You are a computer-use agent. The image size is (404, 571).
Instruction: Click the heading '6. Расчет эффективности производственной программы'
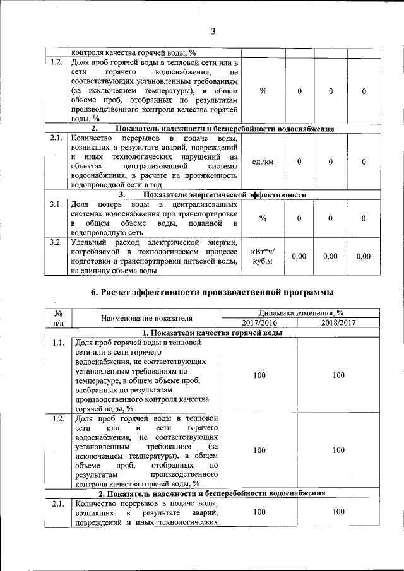[x=212, y=292]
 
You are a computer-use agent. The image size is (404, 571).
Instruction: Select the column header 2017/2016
[x=259, y=322]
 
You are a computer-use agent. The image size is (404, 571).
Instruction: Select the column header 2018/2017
[x=338, y=322]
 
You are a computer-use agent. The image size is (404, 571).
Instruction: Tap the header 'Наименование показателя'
[x=146, y=318]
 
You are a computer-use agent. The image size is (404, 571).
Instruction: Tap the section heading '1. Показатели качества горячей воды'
[x=211, y=333]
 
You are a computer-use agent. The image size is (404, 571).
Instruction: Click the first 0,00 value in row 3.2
[x=299, y=256]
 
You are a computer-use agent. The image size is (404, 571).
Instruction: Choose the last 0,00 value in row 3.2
[x=364, y=256]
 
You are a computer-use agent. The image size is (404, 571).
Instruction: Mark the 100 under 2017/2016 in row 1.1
[x=259, y=375]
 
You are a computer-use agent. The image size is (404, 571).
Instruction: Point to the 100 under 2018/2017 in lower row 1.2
[x=338, y=450]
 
